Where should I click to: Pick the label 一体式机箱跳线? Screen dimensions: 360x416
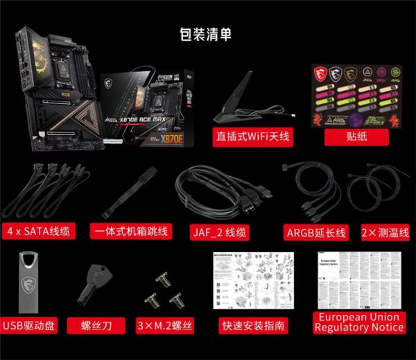pos(130,231)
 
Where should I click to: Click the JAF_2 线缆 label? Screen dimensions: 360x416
pos(218,232)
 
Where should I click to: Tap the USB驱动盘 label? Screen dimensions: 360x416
pos(29,325)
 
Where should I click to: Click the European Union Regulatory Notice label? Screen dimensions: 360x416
pos(358,321)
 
